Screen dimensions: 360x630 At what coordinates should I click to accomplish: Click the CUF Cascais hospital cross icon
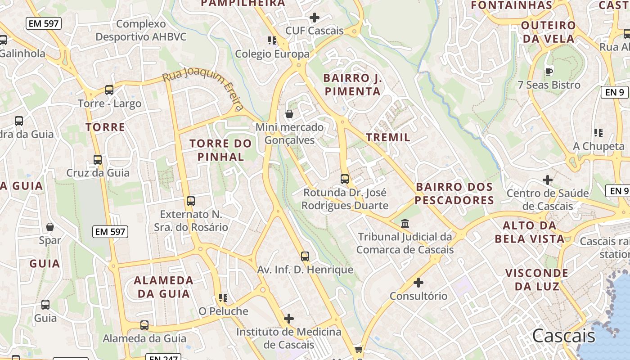[315, 18]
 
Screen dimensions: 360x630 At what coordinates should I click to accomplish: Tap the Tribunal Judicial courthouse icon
[405, 223]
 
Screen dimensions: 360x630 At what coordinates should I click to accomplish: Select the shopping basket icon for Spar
[50, 227]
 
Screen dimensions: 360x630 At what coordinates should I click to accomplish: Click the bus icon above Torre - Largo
[109, 90]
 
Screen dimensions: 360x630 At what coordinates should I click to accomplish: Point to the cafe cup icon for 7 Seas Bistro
[549, 71]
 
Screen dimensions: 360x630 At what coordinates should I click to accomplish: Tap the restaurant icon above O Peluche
[223, 298]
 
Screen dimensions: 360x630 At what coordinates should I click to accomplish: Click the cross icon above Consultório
[418, 283]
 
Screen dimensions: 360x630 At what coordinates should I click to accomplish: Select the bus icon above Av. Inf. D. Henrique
[305, 256]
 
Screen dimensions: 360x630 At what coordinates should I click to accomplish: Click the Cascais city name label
[563, 336]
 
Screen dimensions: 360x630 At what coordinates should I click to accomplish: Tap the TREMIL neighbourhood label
[388, 137]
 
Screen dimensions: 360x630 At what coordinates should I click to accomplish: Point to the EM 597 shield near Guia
[111, 232]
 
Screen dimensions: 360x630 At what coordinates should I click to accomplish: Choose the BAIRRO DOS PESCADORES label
[454, 193]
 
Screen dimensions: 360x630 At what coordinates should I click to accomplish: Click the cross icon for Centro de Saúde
[548, 180]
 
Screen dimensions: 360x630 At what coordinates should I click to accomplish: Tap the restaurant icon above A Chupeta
[598, 133]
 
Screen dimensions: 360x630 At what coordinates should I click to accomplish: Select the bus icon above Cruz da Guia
[98, 160]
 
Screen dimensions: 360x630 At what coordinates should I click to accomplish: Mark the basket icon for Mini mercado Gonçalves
[289, 114]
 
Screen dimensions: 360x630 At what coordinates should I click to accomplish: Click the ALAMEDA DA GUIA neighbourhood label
[164, 287]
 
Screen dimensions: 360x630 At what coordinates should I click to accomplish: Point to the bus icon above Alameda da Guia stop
[144, 325]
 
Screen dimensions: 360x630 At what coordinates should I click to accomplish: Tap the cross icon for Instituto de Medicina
[289, 319]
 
